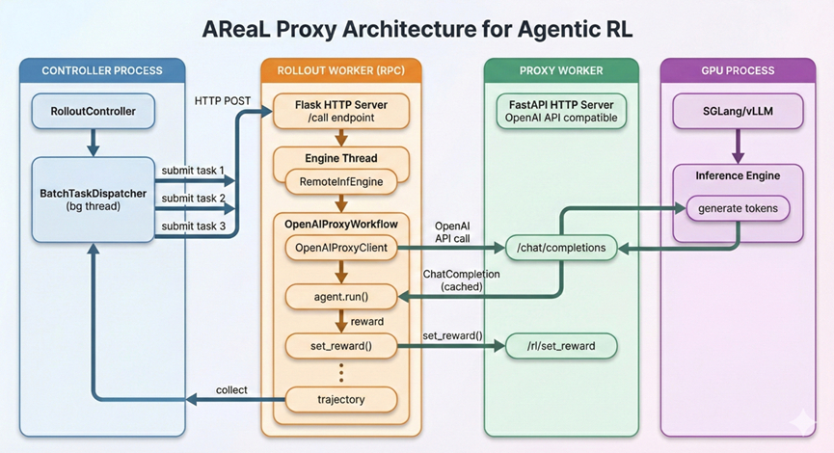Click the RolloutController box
93,112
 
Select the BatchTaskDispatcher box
93,200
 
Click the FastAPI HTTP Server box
560,111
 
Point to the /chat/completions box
560,249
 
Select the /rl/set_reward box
560,345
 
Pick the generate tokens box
738,208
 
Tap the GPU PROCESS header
738,70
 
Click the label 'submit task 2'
193,198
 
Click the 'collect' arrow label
231,390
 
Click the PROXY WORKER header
560,70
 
